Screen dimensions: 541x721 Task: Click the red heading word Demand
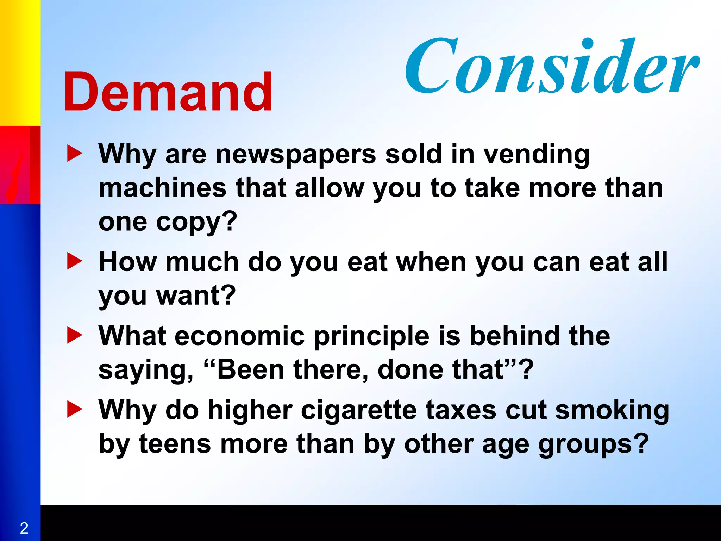pyautogui.click(x=168, y=92)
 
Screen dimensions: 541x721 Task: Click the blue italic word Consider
pyautogui.click(x=551, y=67)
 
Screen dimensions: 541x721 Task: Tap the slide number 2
pyautogui.click(x=24, y=528)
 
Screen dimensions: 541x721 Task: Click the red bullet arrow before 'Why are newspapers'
pyautogui.click(x=74, y=154)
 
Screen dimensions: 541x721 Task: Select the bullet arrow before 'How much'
pyautogui.click(x=74, y=262)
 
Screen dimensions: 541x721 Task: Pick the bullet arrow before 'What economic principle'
pyautogui.click(x=74, y=335)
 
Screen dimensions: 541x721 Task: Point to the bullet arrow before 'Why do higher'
pyautogui.click(x=74, y=410)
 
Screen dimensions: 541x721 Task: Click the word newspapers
pyautogui.click(x=296, y=155)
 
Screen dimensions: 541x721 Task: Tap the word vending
pyautogui.click(x=536, y=155)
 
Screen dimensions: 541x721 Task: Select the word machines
pyautogui.click(x=162, y=188)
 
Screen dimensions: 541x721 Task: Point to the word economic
pyautogui.click(x=239, y=335)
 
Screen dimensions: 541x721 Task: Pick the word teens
pyautogui.click(x=175, y=444)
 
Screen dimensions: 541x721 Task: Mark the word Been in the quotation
pyautogui.click(x=250, y=369)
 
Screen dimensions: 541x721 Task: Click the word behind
pyautogui.click(x=514, y=335)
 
